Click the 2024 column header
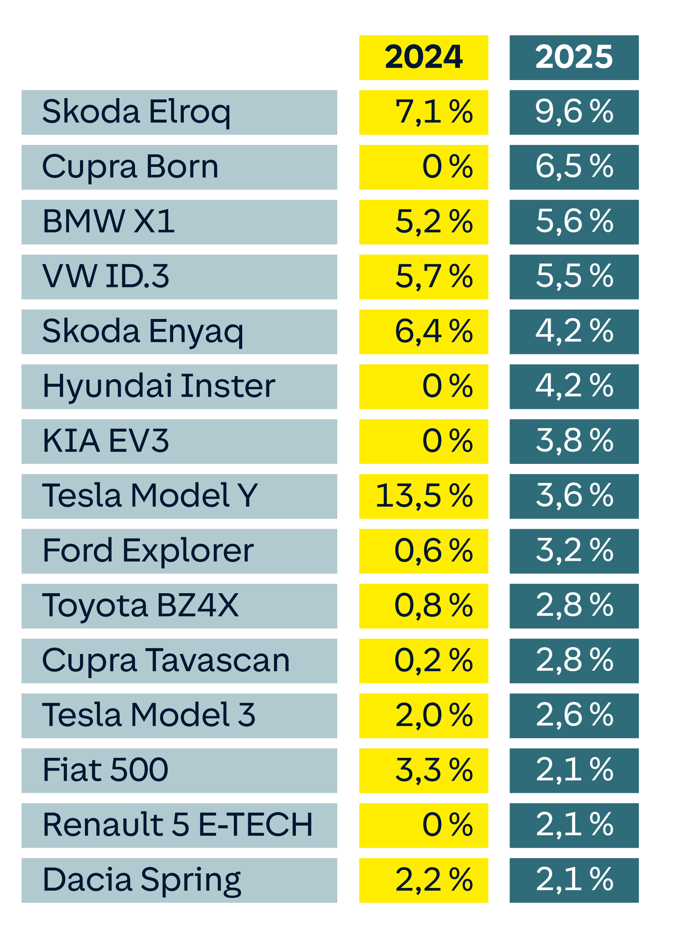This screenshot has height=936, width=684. click(423, 57)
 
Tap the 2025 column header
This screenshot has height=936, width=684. click(574, 57)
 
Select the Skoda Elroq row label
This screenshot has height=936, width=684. click(179, 112)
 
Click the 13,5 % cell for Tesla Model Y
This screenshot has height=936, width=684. click(423, 496)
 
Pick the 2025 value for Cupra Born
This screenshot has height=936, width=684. click(574, 167)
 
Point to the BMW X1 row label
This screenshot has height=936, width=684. click(179, 222)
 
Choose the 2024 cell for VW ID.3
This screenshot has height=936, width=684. click(423, 277)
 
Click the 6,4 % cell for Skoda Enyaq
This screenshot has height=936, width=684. click(423, 332)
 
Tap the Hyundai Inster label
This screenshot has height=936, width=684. click(179, 386)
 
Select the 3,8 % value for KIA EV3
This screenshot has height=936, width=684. click(574, 441)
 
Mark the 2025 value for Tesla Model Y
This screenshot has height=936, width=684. click(574, 496)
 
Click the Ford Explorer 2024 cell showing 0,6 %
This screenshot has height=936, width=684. click(423, 551)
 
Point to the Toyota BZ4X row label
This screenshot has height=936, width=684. click(179, 606)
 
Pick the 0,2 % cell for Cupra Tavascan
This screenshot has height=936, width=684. click(423, 661)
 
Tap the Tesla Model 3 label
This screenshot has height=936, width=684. click(179, 716)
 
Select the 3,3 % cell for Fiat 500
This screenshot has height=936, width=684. click(423, 770)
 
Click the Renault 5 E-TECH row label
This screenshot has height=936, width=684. click(179, 826)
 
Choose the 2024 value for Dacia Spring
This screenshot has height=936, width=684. click(423, 880)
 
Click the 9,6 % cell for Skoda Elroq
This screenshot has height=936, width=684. click(574, 112)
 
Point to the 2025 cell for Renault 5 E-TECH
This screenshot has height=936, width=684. click(574, 826)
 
